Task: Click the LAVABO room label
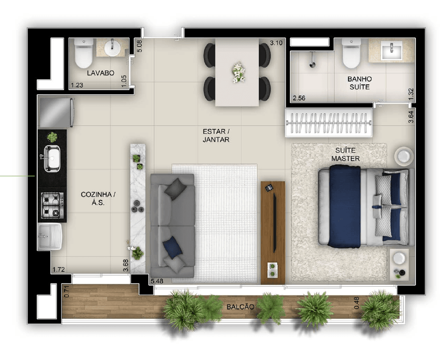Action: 101,73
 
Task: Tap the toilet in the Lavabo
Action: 83,53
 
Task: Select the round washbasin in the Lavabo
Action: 113,48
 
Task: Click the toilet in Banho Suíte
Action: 351,53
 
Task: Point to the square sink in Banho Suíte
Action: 391,50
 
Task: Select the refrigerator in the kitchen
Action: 56,112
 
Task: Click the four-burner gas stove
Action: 53,205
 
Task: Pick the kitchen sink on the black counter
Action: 51,158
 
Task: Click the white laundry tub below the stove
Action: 50,236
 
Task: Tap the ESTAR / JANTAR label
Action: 216,135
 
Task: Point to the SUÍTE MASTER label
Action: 346,154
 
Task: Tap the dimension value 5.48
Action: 157,281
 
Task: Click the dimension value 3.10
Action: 276,43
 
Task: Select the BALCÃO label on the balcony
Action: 240,307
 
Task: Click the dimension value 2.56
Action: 299,98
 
